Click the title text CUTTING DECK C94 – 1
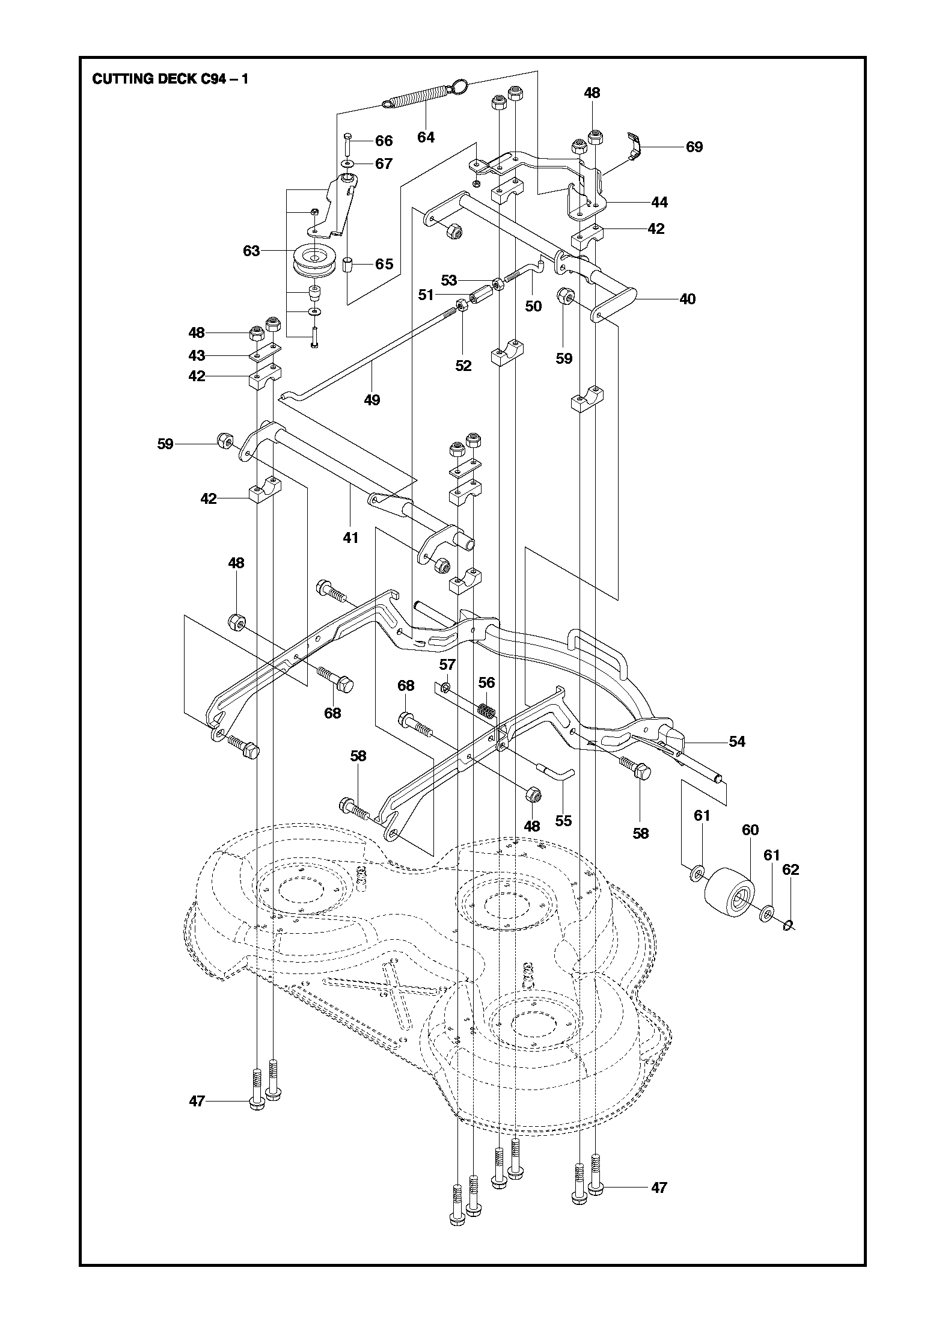pos(170,79)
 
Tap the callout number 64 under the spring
pos(426,138)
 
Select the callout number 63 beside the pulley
pos(251,251)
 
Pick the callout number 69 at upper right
pos(694,147)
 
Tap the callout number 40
pos(687,299)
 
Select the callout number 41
pos(350,538)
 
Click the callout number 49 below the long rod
pos(372,400)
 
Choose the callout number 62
pos(791,870)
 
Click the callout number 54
pos(737,742)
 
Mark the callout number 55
pos(563,821)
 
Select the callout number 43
pos(197,355)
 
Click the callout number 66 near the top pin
pos(384,141)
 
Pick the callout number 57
pos(447,664)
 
